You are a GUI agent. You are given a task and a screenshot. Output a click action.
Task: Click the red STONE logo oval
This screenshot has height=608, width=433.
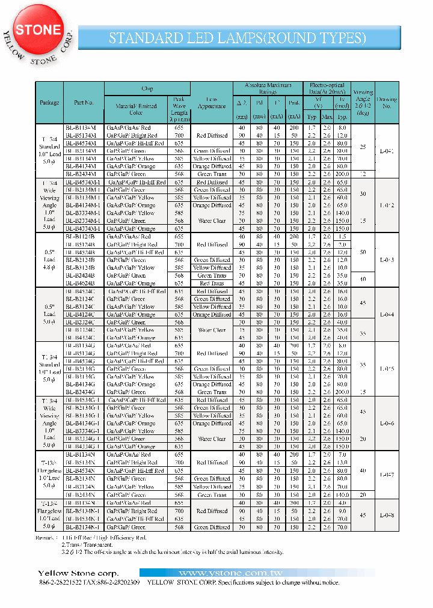coord(38,30)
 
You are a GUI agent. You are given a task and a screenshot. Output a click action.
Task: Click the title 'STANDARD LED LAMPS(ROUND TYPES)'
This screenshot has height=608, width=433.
coord(237,38)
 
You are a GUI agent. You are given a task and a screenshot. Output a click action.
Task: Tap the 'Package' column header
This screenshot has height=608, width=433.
coord(49,103)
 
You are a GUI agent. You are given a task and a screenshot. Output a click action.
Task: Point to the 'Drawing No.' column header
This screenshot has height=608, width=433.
coord(387,102)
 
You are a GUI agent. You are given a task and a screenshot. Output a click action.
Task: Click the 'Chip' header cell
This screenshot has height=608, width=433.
coord(147,88)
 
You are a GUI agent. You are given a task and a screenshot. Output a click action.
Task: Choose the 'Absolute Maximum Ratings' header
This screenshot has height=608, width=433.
coord(268,88)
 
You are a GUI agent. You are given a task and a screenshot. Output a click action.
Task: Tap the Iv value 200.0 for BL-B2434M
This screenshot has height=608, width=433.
coord(342,174)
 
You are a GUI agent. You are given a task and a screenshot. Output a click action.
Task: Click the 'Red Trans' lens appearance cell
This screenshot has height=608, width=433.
coord(212,284)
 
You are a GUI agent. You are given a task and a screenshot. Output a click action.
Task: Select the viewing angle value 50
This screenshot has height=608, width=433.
coord(363,252)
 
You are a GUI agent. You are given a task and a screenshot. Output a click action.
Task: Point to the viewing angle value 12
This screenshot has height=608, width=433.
coord(363,174)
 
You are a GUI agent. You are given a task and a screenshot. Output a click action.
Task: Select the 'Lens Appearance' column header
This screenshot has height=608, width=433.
coord(212,102)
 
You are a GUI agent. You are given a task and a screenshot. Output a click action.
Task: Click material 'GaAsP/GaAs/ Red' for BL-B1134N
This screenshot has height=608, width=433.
coord(129,455)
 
